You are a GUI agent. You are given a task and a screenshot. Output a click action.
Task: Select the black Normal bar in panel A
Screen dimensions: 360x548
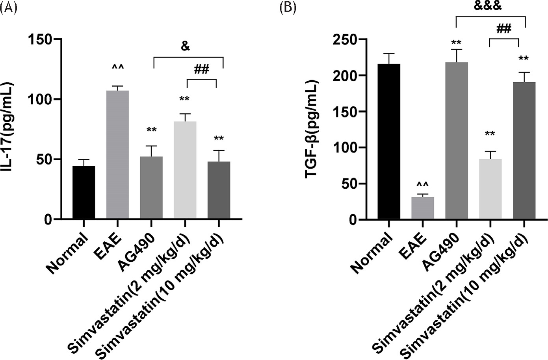click(x=84, y=193)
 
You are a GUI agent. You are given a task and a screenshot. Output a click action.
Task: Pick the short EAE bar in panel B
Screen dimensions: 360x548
click(x=423, y=208)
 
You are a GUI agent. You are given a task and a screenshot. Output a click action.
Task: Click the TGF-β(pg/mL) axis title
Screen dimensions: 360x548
click(x=313, y=130)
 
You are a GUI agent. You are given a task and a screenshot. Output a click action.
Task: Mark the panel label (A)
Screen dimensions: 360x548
click(x=9, y=8)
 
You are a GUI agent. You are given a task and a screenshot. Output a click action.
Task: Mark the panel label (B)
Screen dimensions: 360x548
click(x=287, y=8)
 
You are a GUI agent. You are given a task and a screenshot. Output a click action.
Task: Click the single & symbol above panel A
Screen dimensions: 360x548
click(x=185, y=46)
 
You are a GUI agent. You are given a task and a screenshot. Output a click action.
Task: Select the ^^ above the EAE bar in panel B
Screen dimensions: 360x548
click(x=422, y=185)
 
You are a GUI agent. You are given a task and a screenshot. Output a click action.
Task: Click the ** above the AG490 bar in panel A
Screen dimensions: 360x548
click(x=152, y=130)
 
